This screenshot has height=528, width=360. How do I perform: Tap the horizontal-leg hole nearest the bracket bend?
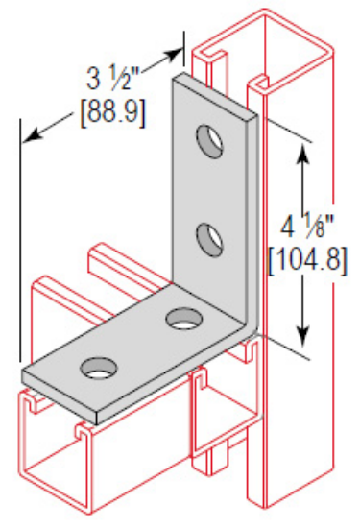(180, 318)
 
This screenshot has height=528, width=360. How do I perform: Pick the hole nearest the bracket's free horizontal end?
(97, 366)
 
